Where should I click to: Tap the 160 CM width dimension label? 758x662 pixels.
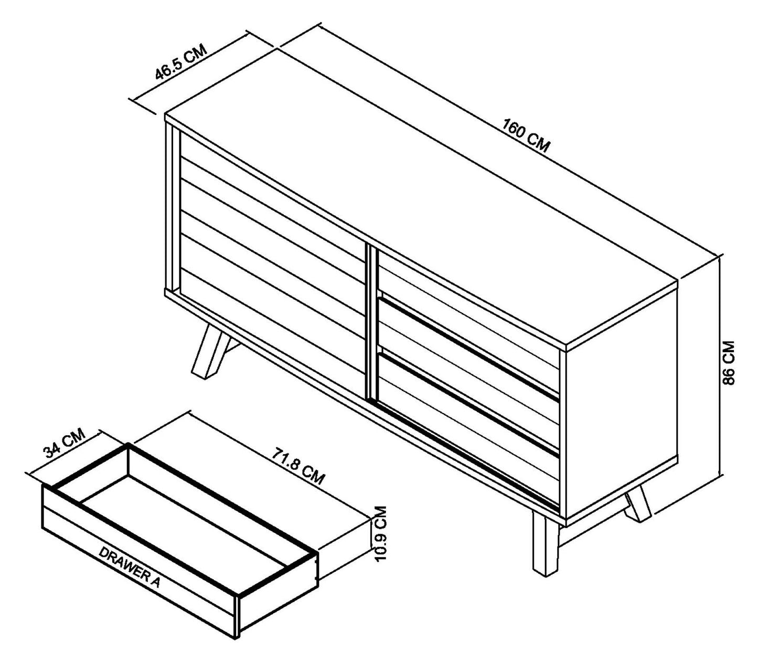click(526, 136)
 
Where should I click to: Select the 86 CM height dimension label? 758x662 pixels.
click(729, 363)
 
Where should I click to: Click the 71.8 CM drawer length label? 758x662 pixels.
click(297, 465)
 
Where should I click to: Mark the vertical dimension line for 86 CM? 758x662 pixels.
click(721, 367)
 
